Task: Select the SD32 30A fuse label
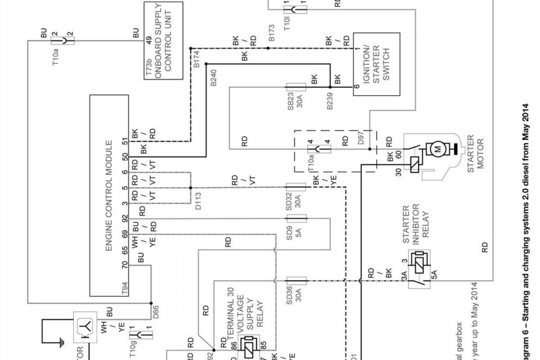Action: [294, 199]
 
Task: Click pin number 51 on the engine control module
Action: [124, 142]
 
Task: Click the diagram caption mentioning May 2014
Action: [525, 232]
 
